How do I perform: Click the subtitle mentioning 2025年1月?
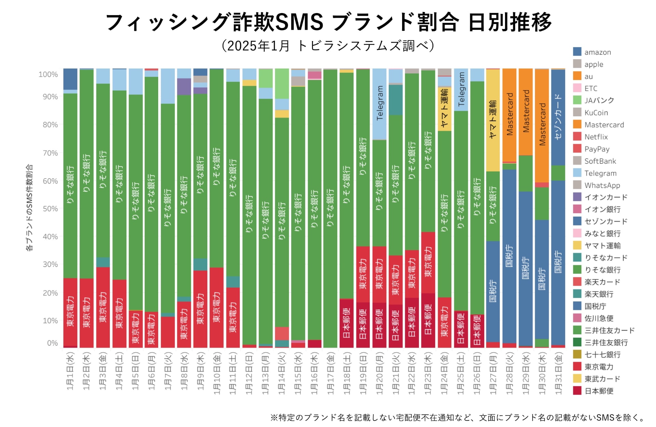tap(328, 46)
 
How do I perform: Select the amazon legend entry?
tap(597, 52)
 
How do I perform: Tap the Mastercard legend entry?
tap(604, 125)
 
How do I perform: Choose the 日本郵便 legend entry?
tap(599, 391)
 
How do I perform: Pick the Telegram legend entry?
tap(600, 173)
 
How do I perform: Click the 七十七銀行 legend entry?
tap(602, 355)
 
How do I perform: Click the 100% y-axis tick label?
tap(48, 75)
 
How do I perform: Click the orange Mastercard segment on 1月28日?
tap(509, 115)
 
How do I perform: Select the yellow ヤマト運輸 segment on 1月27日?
tap(493, 120)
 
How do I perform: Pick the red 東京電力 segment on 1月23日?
tap(428, 262)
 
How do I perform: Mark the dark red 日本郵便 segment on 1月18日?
tap(346, 323)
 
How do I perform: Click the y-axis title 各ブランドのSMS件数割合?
tap(29, 208)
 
